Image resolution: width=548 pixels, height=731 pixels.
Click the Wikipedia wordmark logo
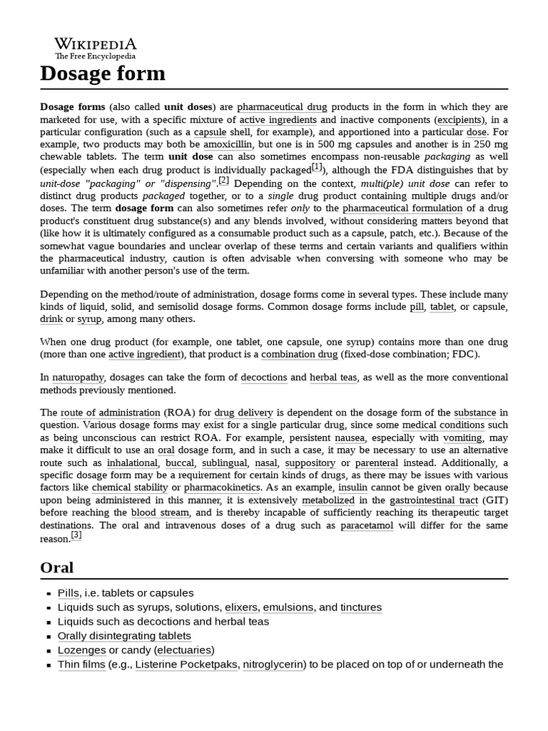(x=96, y=43)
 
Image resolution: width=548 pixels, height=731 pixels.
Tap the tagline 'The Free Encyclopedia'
(x=96, y=56)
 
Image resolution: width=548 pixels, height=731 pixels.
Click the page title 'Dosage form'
(x=102, y=73)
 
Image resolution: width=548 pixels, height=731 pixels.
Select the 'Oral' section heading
(x=57, y=568)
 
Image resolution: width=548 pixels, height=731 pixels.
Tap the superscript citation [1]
(x=318, y=168)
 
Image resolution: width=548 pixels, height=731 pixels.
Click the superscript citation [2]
(x=223, y=181)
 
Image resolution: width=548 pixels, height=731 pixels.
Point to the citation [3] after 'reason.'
(x=76, y=535)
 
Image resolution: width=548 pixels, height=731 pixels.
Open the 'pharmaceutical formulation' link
(x=402, y=208)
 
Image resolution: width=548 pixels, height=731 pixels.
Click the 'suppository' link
(x=310, y=463)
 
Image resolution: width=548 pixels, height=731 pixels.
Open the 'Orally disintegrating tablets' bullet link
(x=124, y=636)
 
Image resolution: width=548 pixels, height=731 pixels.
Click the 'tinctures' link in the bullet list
(x=361, y=608)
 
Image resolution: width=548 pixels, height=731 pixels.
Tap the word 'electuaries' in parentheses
(x=183, y=650)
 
